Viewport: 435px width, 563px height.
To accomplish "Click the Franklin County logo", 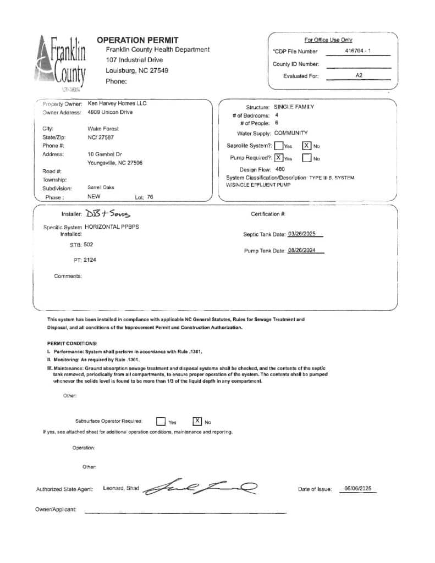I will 62,63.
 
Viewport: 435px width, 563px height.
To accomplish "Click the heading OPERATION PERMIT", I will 137,40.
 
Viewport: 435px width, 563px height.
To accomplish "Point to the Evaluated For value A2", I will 359,75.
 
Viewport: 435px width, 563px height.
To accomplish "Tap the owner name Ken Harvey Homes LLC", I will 117,103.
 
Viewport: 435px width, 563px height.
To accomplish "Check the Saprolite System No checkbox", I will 307,146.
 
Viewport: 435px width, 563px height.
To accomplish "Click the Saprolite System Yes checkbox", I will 279,146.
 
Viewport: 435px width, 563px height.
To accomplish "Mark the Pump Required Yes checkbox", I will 279,158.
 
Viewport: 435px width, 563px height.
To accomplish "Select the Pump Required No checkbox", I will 307,158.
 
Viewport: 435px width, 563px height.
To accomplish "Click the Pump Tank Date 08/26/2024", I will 305,251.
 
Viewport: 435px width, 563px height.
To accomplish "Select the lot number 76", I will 150,196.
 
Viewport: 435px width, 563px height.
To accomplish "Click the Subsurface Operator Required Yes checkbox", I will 161,421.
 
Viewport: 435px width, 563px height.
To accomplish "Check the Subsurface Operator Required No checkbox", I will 197,421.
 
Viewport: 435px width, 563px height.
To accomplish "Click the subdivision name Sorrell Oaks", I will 101,187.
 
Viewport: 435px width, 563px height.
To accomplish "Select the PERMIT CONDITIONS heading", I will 72,343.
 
